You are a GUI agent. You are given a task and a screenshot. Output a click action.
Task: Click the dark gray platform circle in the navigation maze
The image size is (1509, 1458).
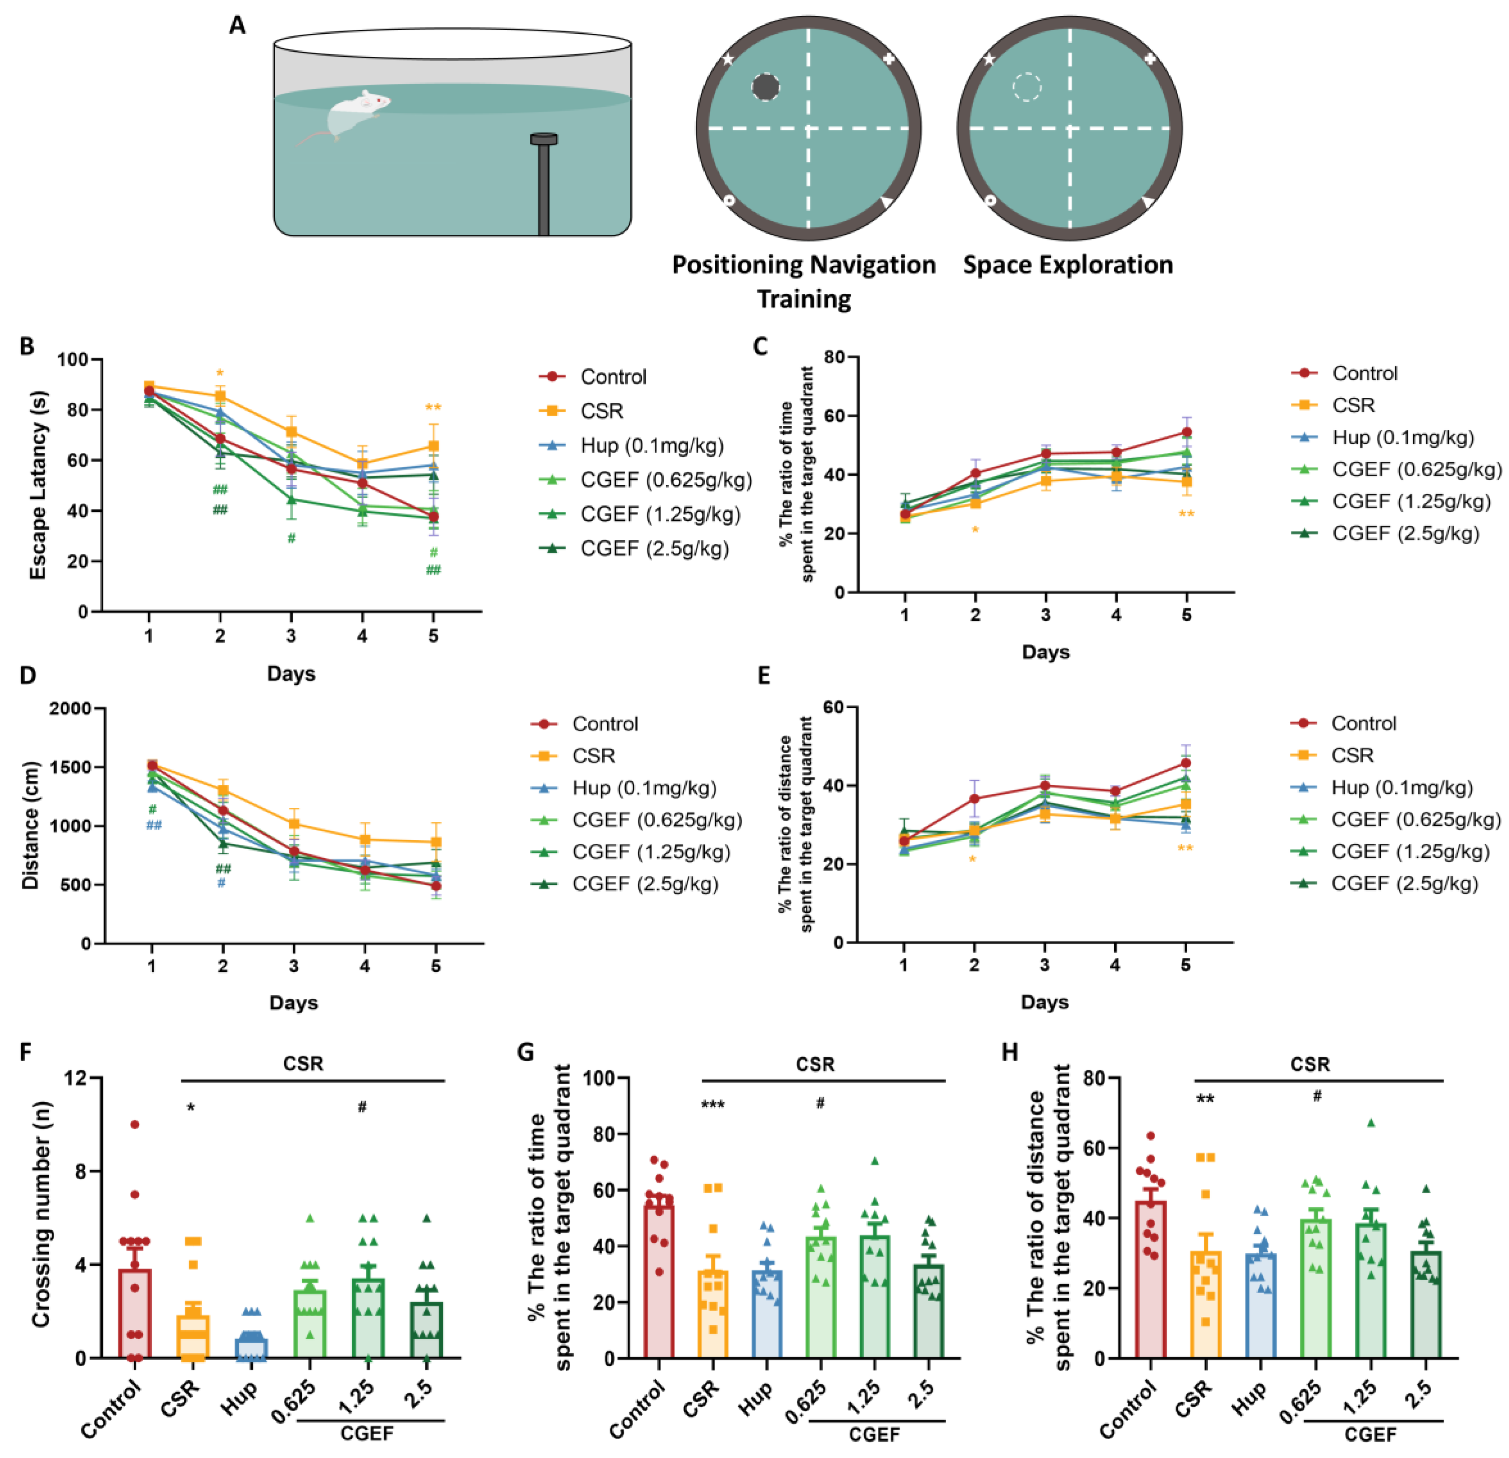(765, 87)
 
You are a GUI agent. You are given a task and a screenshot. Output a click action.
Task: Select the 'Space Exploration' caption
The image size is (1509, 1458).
(1068, 265)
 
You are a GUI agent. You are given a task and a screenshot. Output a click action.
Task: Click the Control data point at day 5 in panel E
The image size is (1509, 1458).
(1185, 763)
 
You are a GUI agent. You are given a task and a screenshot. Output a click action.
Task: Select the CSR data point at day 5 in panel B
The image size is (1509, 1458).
(433, 446)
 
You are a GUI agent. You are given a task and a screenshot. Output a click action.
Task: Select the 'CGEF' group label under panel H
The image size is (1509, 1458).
(1371, 1435)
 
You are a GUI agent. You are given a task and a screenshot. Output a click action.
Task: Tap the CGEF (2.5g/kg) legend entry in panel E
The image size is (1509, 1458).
(1404, 883)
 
